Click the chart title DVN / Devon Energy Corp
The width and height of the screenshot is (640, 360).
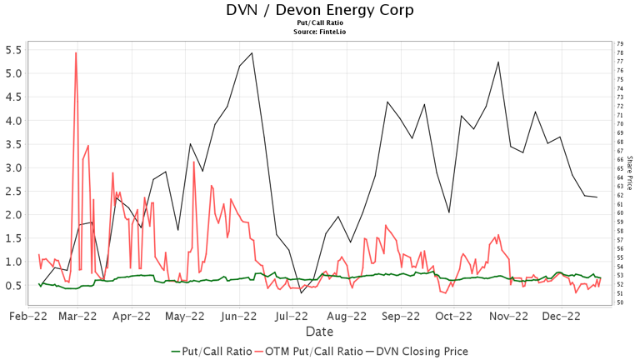tap(319, 10)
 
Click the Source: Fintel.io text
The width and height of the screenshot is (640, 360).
tap(319, 32)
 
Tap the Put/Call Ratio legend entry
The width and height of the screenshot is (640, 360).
tap(211, 351)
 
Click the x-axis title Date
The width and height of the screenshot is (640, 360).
tap(319, 332)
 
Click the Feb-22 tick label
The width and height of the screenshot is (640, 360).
tap(27, 317)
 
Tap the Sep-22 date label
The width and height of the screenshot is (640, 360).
tap(401, 317)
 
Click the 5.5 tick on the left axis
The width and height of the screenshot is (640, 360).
tap(13, 50)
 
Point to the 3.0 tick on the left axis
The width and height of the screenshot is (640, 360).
tap(13, 167)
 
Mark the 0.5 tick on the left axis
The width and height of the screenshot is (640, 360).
tap(13, 286)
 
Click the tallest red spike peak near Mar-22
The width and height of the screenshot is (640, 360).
tap(76, 52)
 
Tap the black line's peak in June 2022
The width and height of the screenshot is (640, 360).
tap(252, 52)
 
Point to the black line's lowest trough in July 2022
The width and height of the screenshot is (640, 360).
tap(302, 292)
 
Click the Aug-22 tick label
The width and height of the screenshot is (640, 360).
tap(347, 317)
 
